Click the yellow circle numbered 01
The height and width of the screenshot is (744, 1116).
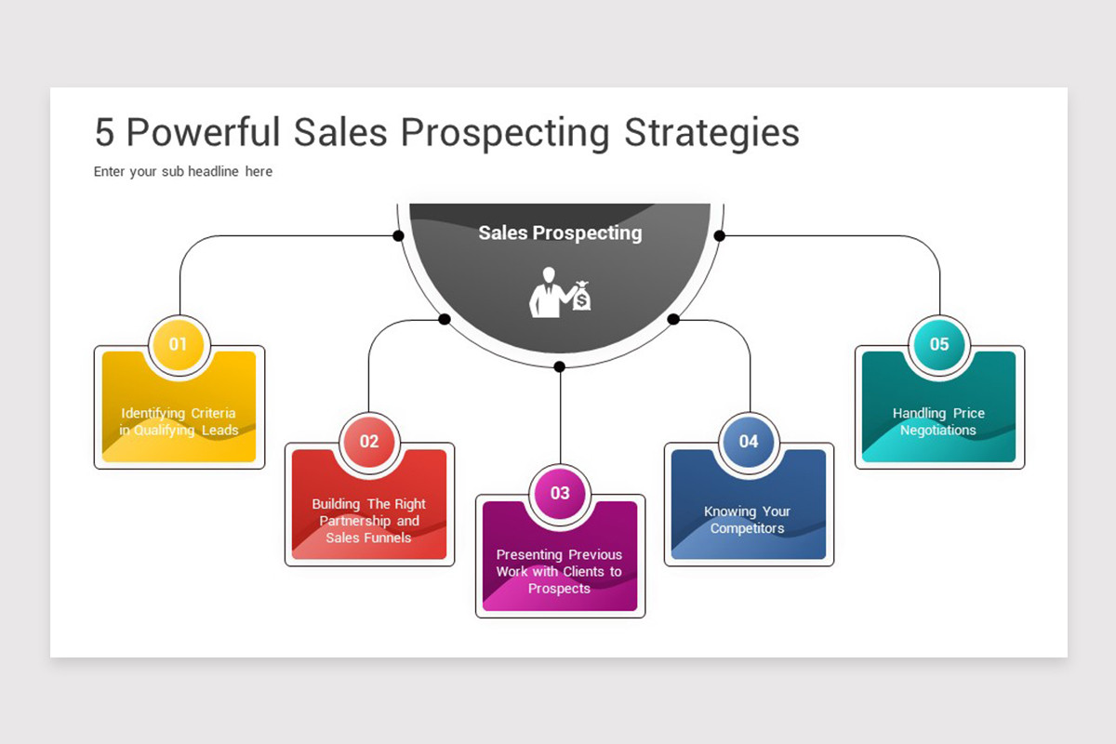pos(179,344)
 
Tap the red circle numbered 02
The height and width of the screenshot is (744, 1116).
pos(369,441)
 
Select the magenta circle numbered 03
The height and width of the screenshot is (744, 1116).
pos(560,493)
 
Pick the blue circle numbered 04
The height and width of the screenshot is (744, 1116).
pos(749,441)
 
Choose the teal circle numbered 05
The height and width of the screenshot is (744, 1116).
pos(939,344)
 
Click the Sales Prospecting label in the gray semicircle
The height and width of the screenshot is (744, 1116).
pos(560,232)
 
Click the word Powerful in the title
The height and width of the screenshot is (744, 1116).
pos(203,133)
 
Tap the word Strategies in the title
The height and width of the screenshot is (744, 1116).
pos(711,133)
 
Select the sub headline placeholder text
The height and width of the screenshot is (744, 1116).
pos(183,171)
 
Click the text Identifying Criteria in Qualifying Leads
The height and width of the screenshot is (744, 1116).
pos(179,421)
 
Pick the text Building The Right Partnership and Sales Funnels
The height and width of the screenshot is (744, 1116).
pos(369,521)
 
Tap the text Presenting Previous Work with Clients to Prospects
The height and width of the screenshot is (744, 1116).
pos(560,571)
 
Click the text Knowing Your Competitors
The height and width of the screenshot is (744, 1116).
pos(748,520)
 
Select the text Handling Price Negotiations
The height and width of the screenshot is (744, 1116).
pos(938,421)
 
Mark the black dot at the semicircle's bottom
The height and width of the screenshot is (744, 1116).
pos(559,366)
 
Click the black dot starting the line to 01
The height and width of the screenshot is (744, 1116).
pos(398,235)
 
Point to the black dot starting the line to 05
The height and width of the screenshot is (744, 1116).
pos(719,235)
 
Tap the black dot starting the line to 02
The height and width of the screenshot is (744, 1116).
pos(445,319)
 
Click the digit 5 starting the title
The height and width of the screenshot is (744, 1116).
pos(104,133)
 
